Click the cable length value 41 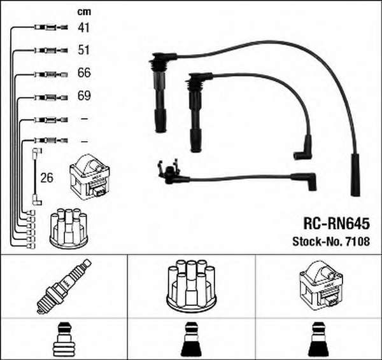pos(83,27)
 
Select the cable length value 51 pos(83,50)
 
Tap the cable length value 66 pos(84,73)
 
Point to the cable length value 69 pos(84,95)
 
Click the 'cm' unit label pos(84,11)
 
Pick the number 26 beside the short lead pos(46,178)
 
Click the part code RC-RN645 pos(336,223)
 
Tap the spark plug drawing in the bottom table pos(64,286)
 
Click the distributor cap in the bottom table pos(191,286)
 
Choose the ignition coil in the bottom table pos(321,286)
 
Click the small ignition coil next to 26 pos(90,177)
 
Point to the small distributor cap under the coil pos(69,228)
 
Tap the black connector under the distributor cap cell pos(191,340)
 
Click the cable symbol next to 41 pos(51,27)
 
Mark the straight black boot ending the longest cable pos(356,174)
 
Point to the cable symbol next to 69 pos(51,97)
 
